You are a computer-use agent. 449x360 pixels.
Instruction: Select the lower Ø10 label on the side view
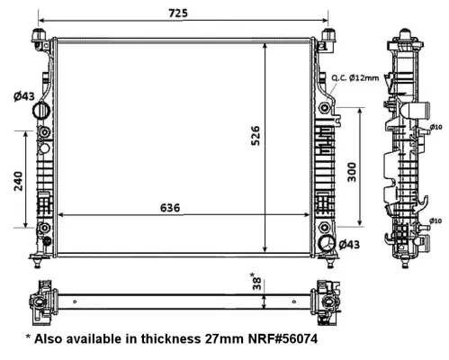coord(435,220)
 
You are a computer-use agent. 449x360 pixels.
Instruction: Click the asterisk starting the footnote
coord(29,340)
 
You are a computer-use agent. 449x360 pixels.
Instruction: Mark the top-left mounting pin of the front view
coord(40,34)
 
